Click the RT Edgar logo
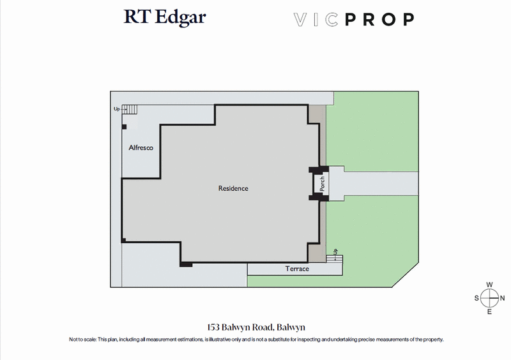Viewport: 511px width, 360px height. pyautogui.click(x=165, y=18)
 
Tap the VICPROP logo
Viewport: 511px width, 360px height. pyautogui.click(x=353, y=19)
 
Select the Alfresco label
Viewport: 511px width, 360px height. pyautogui.click(x=141, y=147)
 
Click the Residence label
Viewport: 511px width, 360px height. pyautogui.click(x=233, y=188)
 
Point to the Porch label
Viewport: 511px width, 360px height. pyautogui.click(x=323, y=184)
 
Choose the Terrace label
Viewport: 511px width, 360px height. pyautogui.click(x=297, y=269)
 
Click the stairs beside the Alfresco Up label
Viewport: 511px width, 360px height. pyautogui.click(x=130, y=109)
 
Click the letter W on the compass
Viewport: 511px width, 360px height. pyautogui.click(x=489, y=285)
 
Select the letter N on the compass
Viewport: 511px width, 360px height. pyautogui.click(x=503, y=298)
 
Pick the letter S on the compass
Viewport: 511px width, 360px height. pyautogui.click(x=477, y=298)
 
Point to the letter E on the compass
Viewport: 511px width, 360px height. pyautogui.click(x=489, y=311)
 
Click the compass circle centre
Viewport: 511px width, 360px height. pyautogui.click(x=489, y=298)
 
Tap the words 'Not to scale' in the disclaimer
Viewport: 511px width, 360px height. pyautogui.click(x=82, y=339)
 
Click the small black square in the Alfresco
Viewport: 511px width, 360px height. pyautogui.click(x=124, y=126)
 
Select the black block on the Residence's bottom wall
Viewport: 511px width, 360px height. pyautogui.click(x=186, y=264)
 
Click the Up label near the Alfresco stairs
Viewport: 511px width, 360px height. pyautogui.click(x=117, y=109)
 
